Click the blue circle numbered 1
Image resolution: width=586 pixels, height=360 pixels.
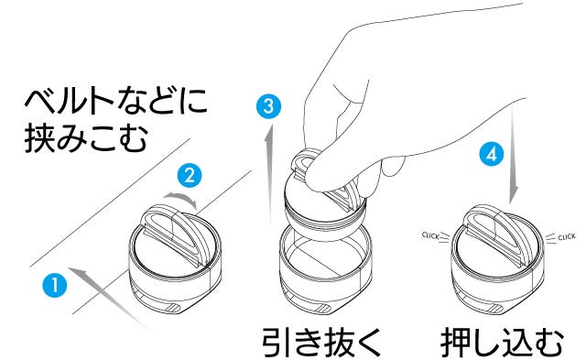(x=55, y=285)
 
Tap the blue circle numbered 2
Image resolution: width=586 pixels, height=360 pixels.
(x=190, y=175)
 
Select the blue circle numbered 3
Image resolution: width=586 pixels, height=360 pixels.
(x=268, y=106)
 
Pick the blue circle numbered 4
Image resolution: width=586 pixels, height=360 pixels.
(x=492, y=154)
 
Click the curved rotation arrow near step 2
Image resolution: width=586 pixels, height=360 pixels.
(x=181, y=196)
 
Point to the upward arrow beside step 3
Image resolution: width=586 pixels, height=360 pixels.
(x=268, y=176)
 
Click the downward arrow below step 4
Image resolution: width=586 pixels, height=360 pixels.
(x=514, y=153)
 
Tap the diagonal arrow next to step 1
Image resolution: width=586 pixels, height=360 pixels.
(x=108, y=298)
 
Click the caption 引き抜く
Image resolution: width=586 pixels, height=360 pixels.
(x=321, y=342)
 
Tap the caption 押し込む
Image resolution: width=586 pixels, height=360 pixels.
(x=502, y=342)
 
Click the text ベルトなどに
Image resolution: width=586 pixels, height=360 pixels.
(x=116, y=100)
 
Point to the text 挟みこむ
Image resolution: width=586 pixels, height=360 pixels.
(x=85, y=138)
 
